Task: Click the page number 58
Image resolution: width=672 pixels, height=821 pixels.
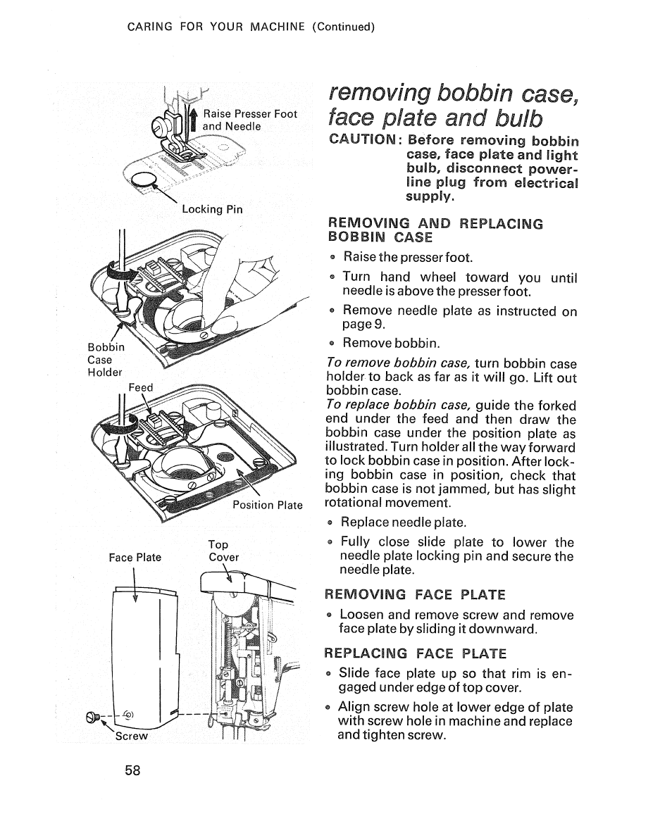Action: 132,770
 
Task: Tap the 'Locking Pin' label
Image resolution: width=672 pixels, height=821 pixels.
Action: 212,209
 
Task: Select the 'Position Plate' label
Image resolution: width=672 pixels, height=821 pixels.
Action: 268,505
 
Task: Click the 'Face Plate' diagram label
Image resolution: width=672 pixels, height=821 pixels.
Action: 135,558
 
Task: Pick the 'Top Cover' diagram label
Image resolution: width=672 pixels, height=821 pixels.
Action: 223,551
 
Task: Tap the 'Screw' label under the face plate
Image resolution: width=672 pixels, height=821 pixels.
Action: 132,736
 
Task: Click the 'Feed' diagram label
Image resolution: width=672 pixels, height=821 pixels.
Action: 140,387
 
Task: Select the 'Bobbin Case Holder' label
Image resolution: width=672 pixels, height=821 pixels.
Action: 105,360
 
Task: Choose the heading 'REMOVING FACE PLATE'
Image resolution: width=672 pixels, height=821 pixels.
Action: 416,594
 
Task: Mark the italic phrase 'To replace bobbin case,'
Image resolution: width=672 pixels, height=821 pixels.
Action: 400,405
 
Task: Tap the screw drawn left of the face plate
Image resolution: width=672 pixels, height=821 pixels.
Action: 93,717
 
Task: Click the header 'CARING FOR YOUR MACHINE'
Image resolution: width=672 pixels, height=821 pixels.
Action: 216,27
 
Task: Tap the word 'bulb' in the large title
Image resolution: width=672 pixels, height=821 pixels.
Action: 506,115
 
